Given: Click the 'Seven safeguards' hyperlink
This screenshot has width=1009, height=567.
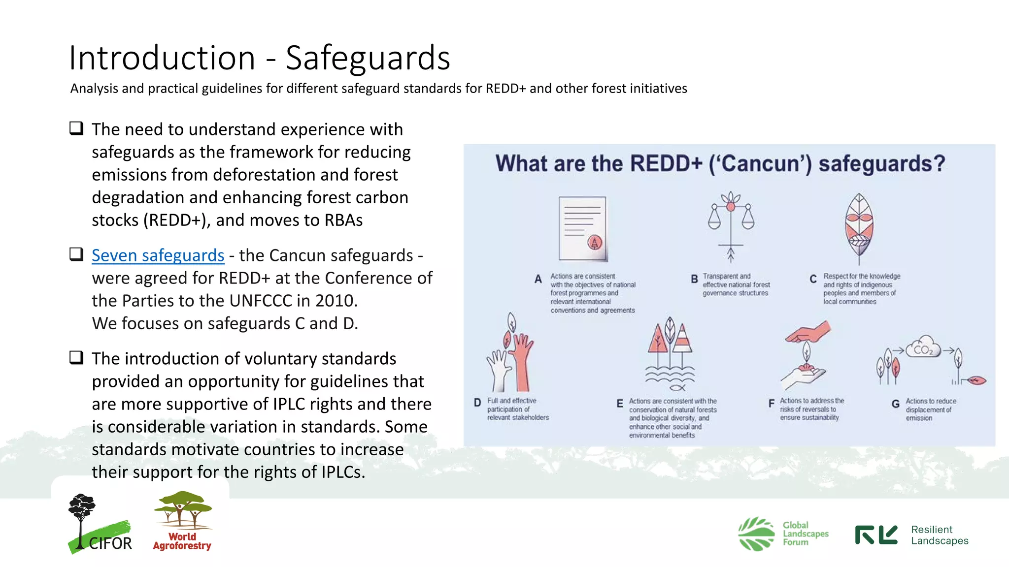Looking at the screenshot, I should (x=158, y=255).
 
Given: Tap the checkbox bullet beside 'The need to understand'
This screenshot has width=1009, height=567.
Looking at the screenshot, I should (x=76, y=128).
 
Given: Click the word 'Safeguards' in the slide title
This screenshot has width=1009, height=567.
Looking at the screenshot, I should (x=368, y=58).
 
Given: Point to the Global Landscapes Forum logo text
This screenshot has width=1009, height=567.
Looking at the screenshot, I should (x=805, y=534).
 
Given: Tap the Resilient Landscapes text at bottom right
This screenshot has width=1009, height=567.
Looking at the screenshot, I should (x=939, y=535).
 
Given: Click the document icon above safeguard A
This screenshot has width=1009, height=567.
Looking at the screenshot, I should (x=582, y=229).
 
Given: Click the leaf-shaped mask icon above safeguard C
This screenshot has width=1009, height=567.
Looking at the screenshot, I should (x=859, y=228).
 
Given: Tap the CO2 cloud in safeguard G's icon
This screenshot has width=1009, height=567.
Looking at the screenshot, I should (x=923, y=347).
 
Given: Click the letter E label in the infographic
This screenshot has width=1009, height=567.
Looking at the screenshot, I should (x=620, y=404).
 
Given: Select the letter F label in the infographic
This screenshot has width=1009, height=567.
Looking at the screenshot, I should (x=771, y=404).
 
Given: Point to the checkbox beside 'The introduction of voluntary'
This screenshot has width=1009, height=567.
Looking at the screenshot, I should (x=76, y=357).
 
